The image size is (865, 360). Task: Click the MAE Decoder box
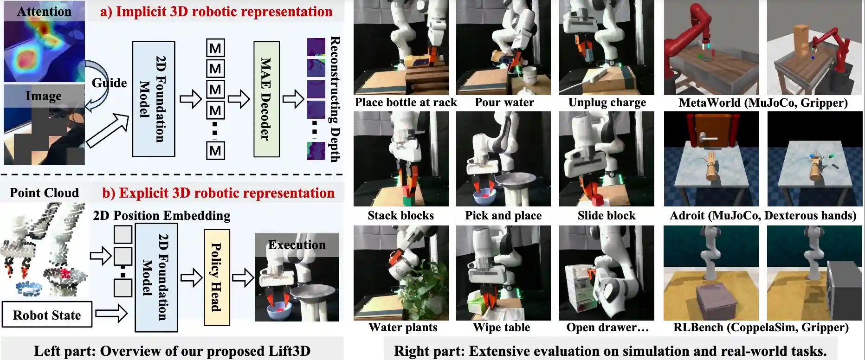pyautogui.click(x=266, y=99)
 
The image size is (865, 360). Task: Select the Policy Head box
pyautogui.click(x=217, y=277)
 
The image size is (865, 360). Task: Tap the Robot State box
pyautogui.click(x=47, y=315)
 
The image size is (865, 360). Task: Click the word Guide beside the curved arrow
pyautogui.click(x=109, y=83)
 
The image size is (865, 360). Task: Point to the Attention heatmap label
pyautogui.click(x=44, y=12)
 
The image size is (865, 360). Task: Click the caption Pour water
pyautogui.click(x=504, y=103)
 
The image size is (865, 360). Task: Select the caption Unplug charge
pyautogui.click(x=607, y=103)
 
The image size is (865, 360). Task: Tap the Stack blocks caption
pyautogui.click(x=400, y=216)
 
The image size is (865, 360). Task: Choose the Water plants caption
pyautogui.click(x=403, y=328)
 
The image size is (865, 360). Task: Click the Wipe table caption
pyautogui.click(x=501, y=328)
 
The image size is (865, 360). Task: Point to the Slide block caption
pyautogui.click(x=607, y=216)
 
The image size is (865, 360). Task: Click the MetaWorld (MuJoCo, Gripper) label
pyautogui.click(x=763, y=103)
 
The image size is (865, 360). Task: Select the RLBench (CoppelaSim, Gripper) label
pyautogui.click(x=761, y=328)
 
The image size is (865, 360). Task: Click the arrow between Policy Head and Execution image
pyautogui.click(x=242, y=278)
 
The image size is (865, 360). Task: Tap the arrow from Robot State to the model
pyautogui.click(x=111, y=313)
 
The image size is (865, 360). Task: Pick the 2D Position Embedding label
pyautogui.click(x=161, y=216)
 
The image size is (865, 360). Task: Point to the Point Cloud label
pyautogui.click(x=44, y=193)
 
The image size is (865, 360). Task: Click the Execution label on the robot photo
pyautogui.click(x=297, y=245)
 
